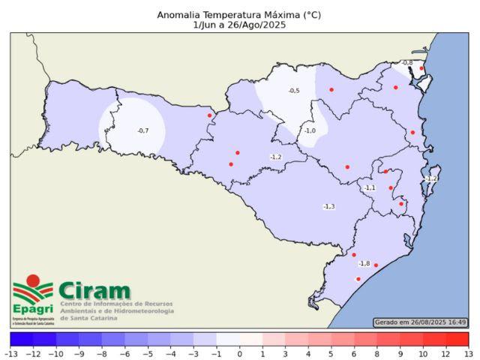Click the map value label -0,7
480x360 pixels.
point(142,131)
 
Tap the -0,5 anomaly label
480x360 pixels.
point(294,91)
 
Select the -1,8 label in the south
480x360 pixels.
point(364,263)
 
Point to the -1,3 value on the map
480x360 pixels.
point(328,206)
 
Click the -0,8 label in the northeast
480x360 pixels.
point(406,63)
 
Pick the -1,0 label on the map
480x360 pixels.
point(310,130)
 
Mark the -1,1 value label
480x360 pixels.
point(369,187)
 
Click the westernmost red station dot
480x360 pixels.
point(209,115)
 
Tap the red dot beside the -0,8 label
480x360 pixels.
point(421,68)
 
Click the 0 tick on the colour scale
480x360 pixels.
point(240,353)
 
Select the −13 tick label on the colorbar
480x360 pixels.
point(11,353)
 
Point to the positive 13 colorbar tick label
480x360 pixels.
point(469,353)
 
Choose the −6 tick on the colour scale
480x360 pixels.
point(125,353)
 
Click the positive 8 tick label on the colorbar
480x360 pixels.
point(377,353)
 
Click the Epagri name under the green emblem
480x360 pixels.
point(32,309)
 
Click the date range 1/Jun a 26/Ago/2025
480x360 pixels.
point(238,25)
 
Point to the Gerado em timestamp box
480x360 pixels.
point(420,322)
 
